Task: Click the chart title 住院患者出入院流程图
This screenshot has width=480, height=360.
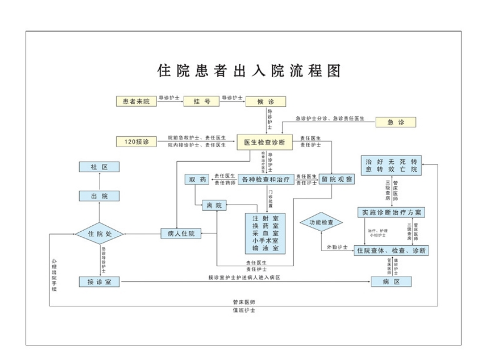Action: (249, 70)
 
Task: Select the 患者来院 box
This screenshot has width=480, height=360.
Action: (136, 101)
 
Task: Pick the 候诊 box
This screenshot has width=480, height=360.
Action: (266, 101)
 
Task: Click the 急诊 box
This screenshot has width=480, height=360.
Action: (396, 122)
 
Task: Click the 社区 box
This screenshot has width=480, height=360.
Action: (99, 167)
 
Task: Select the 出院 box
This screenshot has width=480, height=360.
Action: (99, 196)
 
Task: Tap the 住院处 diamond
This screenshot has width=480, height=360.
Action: (99, 233)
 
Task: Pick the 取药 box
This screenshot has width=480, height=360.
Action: (198, 179)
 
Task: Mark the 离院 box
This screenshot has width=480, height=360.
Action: (214, 206)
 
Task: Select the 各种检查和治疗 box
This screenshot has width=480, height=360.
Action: (265, 179)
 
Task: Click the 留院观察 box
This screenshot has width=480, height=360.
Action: (337, 179)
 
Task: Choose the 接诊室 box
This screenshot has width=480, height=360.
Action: (99, 282)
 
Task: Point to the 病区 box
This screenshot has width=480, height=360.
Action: (391, 282)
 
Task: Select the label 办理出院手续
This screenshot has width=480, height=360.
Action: (54, 274)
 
